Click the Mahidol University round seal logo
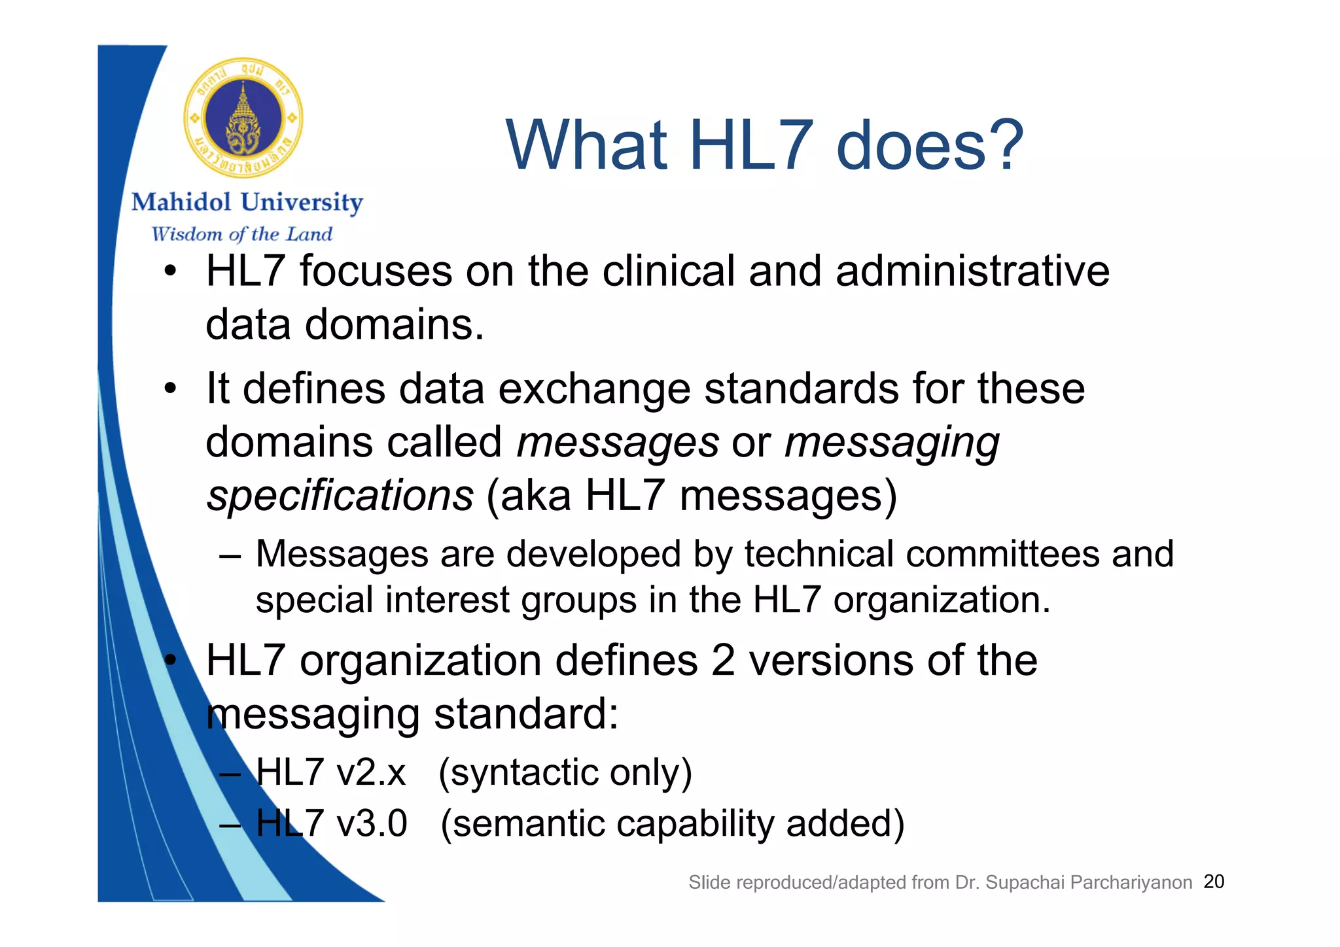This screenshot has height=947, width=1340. click(x=243, y=118)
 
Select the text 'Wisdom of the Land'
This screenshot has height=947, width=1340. click(x=241, y=234)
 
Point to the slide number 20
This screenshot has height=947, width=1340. click(x=1214, y=882)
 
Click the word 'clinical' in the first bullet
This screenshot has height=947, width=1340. click(x=668, y=271)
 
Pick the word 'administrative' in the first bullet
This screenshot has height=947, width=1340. click(x=972, y=271)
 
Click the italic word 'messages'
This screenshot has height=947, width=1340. click(x=618, y=443)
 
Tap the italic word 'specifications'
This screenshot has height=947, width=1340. click(x=340, y=496)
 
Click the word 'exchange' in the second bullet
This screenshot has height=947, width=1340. click(x=593, y=390)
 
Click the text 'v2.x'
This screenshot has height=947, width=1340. click(x=371, y=772)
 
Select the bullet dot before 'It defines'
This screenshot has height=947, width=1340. click(x=170, y=388)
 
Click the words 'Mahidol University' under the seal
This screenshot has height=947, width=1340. click(x=247, y=203)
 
